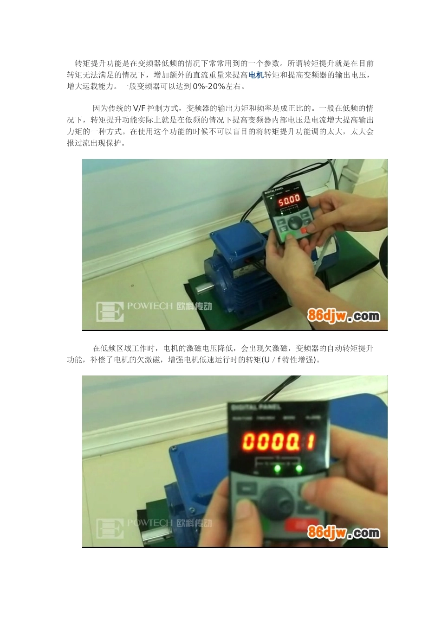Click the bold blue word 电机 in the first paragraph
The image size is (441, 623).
coord(256,75)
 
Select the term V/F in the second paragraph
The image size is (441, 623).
coord(139,108)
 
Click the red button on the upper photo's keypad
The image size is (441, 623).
coord(305,229)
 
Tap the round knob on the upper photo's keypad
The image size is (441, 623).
coord(294,223)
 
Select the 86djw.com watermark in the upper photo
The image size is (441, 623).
coord(344,316)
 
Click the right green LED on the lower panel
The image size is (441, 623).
coord(299,470)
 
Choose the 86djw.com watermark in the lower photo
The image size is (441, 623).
coord(344,533)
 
